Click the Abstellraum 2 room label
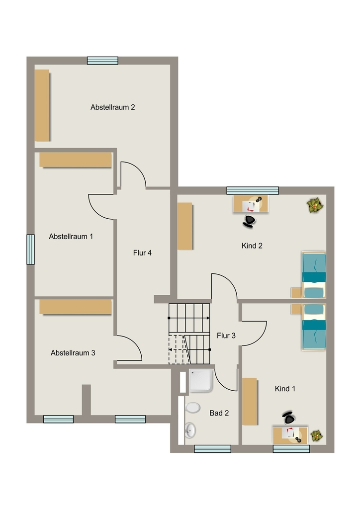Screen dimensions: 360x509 pyautogui.click(x=113, y=107)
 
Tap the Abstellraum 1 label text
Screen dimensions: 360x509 pyautogui.click(x=71, y=236)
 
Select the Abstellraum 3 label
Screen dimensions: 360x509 pyautogui.click(x=73, y=353)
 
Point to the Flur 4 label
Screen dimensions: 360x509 pyautogui.click(x=142, y=253)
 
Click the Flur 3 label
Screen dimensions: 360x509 pyautogui.click(x=226, y=336)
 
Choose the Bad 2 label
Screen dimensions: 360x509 pyautogui.click(x=219, y=413)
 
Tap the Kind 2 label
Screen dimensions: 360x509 pyautogui.click(x=252, y=246)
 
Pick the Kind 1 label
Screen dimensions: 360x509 pyautogui.click(x=285, y=389)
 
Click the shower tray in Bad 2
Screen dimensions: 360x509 pyautogui.click(x=201, y=380)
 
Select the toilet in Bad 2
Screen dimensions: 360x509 pyautogui.click(x=192, y=408)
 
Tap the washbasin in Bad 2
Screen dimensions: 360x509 pyautogui.click(x=190, y=430)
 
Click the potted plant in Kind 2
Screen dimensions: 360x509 pyautogui.click(x=315, y=205)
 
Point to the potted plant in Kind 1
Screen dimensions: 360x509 pyautogui.click(x=317, y=435)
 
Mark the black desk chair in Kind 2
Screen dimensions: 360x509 pyautogui.click(x=249, y=221)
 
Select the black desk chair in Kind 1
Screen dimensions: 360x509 pyautogui.click(x=288, y=418)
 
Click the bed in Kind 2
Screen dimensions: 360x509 pyautogui.click(x=314, y=275)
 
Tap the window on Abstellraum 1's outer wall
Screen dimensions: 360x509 pyautogui.click(x=30, y=250)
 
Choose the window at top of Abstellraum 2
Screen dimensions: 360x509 pyautogui.click(x=102, y=61)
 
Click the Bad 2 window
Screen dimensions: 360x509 pyautogui.click(x=213, y=449)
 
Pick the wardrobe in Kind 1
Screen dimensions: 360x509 pyautogui.click(x=250, y=401)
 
